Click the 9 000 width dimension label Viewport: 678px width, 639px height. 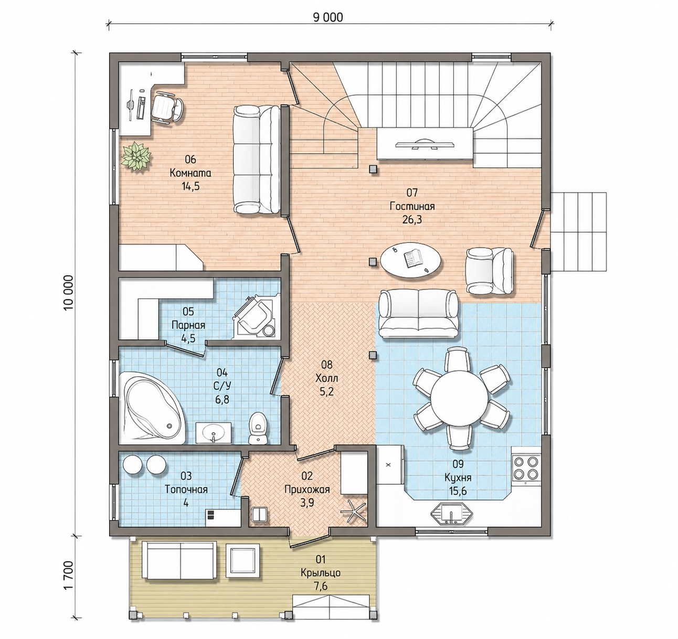click(328, 17)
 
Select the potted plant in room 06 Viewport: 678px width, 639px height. click(136, 156)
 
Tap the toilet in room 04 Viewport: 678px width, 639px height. click(258, 428)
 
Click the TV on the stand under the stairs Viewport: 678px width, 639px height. click(425, 144)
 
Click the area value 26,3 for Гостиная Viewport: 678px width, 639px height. click(412, 219)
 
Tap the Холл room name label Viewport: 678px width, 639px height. click(327, 378)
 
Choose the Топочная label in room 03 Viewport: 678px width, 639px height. click(186, 489)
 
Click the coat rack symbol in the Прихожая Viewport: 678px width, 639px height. click(354, 511)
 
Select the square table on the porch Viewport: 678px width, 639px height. click(242, 561)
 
